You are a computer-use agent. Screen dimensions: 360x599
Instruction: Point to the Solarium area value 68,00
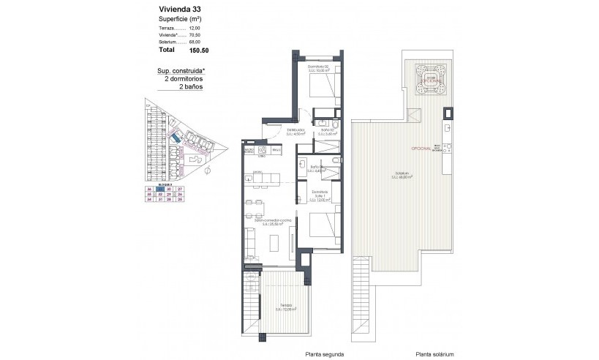194,43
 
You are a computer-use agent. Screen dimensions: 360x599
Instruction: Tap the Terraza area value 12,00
194,26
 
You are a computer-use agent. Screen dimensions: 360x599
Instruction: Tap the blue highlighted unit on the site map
176,137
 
